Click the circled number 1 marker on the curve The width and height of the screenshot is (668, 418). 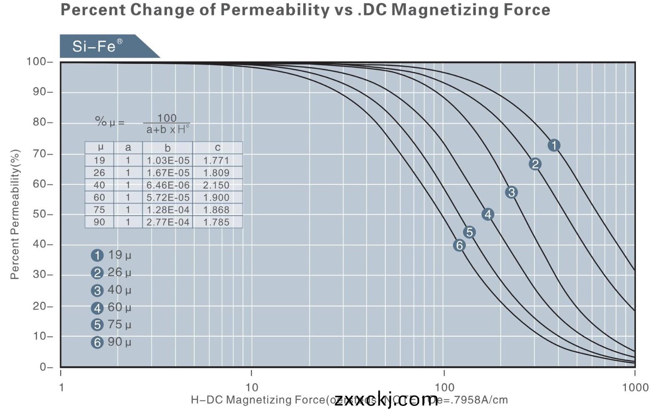click(554, 145)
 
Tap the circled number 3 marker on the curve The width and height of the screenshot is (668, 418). click(511, 192)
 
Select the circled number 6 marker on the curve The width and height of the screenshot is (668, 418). click(459, 245)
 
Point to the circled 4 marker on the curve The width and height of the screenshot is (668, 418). click(488, 214)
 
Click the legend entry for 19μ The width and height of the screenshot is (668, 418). click(111, 255)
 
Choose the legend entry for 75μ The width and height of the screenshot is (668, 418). click(111, 325)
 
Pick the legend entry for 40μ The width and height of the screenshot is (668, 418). click(111, 290)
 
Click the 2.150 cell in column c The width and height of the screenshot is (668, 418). click(216, 185)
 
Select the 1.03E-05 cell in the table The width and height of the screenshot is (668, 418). click(168, 161)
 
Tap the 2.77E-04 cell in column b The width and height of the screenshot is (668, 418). click(168, 222)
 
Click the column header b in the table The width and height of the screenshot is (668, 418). click(167, 148)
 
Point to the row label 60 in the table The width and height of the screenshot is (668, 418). click(99, 198)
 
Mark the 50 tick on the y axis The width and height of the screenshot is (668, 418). click(40, 214)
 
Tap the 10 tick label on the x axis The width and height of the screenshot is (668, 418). click(251, 387)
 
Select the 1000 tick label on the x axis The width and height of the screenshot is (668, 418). click(635, 387)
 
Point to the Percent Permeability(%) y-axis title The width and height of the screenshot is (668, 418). click(15, 214)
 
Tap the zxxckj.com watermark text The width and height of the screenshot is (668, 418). click(386, 400)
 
